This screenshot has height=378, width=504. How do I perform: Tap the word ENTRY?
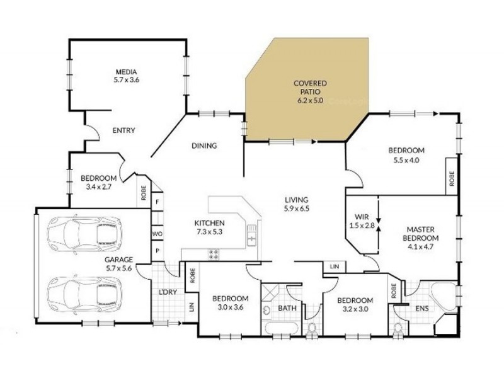point(123,130)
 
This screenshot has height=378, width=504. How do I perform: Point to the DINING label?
point(203,146)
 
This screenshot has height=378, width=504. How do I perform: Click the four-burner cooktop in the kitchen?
point(214,254)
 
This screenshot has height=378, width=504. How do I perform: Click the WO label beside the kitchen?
point(157,234)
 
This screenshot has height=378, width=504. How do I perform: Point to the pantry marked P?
point(157,250)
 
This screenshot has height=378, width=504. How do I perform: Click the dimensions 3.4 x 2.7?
point(98,186)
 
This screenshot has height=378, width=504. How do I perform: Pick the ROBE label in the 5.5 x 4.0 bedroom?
point(452,180)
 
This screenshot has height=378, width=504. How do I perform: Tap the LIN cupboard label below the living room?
point(333,268)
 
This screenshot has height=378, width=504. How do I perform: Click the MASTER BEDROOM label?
point(421,234)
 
